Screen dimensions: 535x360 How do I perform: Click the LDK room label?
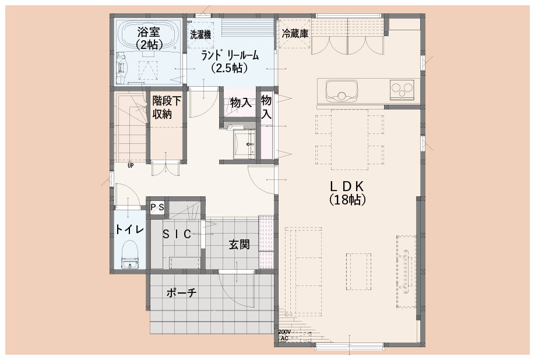click(x=347, y=186)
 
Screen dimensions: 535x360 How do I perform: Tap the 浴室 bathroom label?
click(x=149, y=33)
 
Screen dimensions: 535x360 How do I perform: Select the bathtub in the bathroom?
click(x=149, y=35)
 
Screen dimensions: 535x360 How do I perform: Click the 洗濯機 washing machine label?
click(x=200, y=34)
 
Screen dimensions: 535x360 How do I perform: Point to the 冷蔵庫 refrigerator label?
click(x=295, y=33)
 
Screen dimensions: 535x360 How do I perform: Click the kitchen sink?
click(x=341, y=91)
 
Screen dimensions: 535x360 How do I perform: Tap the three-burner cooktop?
click(x=402, y=89)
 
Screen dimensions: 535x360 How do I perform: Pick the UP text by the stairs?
click(x=131, y=165)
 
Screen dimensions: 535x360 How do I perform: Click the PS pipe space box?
click(x=157, y=207)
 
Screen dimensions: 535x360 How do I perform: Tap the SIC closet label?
click(x=177, y=234)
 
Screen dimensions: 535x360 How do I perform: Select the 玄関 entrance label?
click(x=239, y=245)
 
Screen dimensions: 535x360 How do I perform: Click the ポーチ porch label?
click(x=181, y=292)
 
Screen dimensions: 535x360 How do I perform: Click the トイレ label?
click(x=129, y=230)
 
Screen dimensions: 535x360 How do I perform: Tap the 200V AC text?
click(x=284, y=335)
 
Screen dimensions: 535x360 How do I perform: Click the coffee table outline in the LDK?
click(x=359, y=271)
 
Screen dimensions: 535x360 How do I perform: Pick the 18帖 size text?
click(x=347, y=200)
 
